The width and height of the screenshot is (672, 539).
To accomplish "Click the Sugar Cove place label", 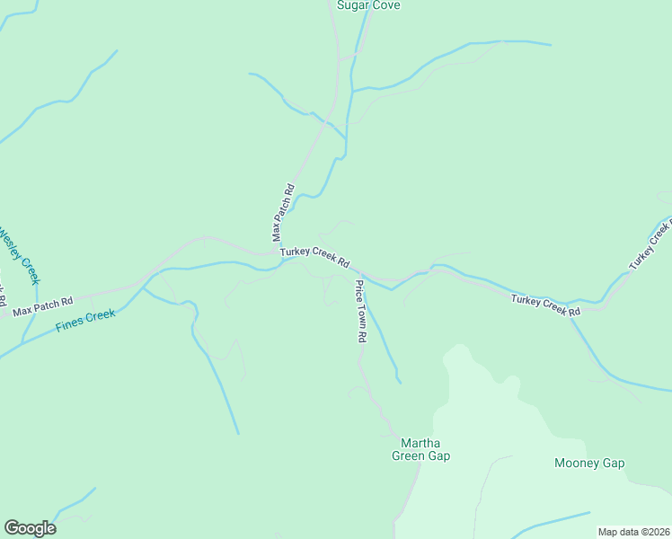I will tap(368, 5).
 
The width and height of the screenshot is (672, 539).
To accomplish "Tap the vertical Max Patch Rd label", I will tap(284, 213).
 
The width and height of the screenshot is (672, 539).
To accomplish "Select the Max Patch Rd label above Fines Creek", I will tap(42, 305).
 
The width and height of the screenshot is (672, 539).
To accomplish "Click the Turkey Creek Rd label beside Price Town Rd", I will tap(314, 257).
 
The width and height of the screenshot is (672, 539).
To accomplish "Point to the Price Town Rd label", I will tap(360, 312).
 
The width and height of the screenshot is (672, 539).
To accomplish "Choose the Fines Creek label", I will tap(85, 321).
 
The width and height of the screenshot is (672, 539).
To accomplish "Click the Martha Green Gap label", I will tap(420, 449).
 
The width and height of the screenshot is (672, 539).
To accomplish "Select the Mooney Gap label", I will tap(589, 464).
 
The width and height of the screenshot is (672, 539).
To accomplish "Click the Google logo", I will tap(30, 528).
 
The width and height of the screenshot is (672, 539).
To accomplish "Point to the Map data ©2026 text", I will tap(633, 532).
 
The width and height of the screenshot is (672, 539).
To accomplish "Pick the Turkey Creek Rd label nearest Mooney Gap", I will tap(546, 305).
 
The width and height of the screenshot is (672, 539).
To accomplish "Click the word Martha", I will tap(420, 443).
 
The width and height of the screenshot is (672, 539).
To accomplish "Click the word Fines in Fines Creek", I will tap(70, 324).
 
